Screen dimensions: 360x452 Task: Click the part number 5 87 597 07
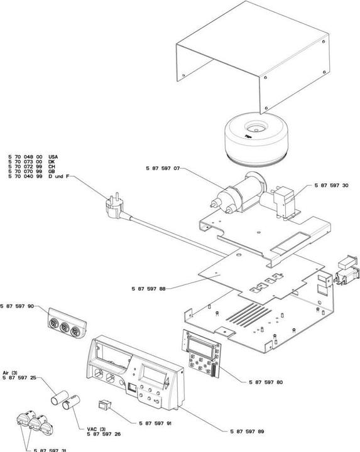[x=163, y=168]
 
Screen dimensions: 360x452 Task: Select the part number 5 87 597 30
[x=331, y=185]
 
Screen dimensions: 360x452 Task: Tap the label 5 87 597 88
[x=148, y=289]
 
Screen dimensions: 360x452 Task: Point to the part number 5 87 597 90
[x=17, y=306]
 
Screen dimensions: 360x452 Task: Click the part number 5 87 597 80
[x=266, y=382]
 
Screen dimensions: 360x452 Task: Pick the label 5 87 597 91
[x=155, y=424]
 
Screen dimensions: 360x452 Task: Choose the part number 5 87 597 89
[x=247, y=431]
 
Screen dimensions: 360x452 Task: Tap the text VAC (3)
[x=96, y=429]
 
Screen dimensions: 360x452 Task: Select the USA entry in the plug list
[x=53, y=157]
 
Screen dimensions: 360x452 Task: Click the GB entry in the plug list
[x=52, y=171]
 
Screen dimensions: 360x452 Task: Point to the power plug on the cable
[x=114, y=206]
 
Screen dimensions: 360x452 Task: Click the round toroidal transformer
[x=256, y=139]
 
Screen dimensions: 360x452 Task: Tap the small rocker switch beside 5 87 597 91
[x=104, y=405]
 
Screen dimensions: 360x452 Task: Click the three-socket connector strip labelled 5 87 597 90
[x=67, y=323]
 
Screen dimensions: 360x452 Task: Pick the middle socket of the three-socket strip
[x=64, y=327]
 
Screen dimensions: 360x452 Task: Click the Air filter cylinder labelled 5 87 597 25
[x=60, y=398]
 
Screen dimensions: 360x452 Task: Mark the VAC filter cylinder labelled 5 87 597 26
[x=71, y=402]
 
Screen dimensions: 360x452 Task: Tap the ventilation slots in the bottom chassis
[x=249, y=315]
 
